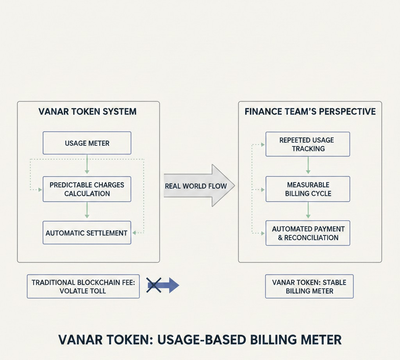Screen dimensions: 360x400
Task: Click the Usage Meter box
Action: [87, 143]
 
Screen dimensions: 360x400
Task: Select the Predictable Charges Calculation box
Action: [87, 189]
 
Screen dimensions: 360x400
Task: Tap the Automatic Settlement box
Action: [87, 233]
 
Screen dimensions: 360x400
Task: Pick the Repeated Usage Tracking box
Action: [308, 144]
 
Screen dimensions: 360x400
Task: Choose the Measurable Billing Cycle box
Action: [308, 189]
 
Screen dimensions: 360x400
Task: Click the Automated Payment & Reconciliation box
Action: [308, 233]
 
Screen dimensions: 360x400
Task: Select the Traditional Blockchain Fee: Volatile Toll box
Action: [83, 287]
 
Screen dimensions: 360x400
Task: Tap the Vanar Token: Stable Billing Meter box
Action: [309, 287]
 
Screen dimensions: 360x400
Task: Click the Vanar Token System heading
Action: [87, 112]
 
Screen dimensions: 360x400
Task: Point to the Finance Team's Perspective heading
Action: [310, 112]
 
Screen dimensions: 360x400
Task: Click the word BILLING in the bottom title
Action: [276, 339]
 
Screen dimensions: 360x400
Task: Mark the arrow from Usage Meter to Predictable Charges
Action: [87, 165]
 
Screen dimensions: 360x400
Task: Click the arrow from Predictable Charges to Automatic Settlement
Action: [87, 211]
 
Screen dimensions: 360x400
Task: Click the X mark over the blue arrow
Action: [154, 285]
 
